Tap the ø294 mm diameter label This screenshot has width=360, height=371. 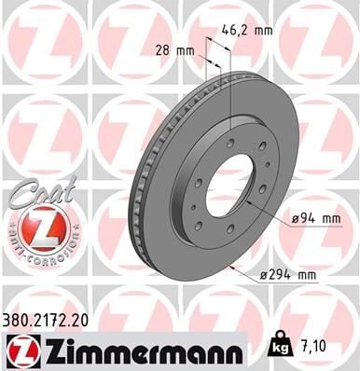290,274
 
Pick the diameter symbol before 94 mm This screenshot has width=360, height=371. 295,217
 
